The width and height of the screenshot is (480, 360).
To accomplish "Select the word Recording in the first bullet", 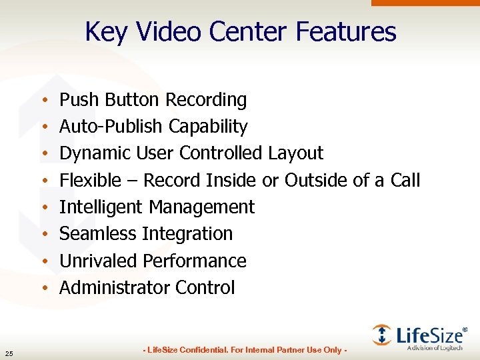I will [x=206, y=100].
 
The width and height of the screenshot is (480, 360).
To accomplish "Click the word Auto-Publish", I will [x=111, y=127].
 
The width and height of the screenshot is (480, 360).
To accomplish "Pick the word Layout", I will [x=295, y=153].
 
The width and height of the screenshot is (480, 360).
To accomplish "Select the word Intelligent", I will [x=101, y=207].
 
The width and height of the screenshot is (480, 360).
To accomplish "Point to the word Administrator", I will [x=115, y=288].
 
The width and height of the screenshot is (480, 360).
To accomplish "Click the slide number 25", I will [x=8, y=353].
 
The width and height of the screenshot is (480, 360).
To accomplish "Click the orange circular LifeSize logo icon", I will [x=382, y=334].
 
